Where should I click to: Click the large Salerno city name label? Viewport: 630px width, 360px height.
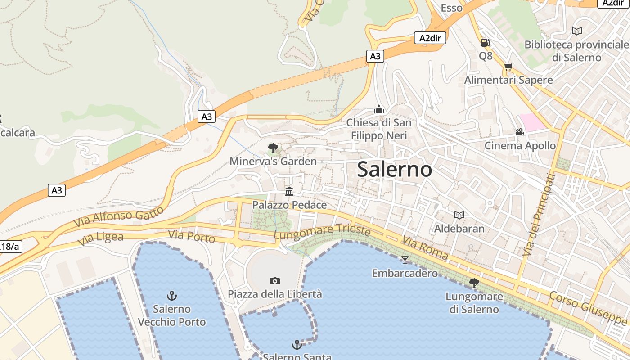tap(395, 170)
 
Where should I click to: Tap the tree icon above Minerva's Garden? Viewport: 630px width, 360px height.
tap(273, 148)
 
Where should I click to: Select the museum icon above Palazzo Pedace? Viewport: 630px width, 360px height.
tap(289, 192)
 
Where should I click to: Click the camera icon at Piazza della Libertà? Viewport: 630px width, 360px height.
tap(275, 281)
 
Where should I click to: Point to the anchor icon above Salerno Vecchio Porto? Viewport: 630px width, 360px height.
tap(172, 296)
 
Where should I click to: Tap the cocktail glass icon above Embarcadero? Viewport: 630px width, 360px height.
tap(405, 260)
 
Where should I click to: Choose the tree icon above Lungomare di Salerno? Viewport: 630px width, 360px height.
tap(474, 283)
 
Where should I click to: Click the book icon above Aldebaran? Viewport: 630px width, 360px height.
tap(459, 216)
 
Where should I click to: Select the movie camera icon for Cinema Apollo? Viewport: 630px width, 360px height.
tap(520, 132)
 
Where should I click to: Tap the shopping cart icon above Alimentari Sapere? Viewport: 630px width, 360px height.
tap(508, 67)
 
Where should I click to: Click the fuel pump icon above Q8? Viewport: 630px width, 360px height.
tap(485, 43)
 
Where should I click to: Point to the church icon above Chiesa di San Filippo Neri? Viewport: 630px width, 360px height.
tap(379, 109)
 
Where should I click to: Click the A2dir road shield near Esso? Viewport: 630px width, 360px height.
tap(430, 38)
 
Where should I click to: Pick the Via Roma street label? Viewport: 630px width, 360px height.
tap(425, 248)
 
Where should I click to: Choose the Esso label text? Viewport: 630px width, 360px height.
tap(451, 8)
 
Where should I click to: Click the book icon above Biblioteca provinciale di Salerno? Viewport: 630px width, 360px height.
tap(576, 31)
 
